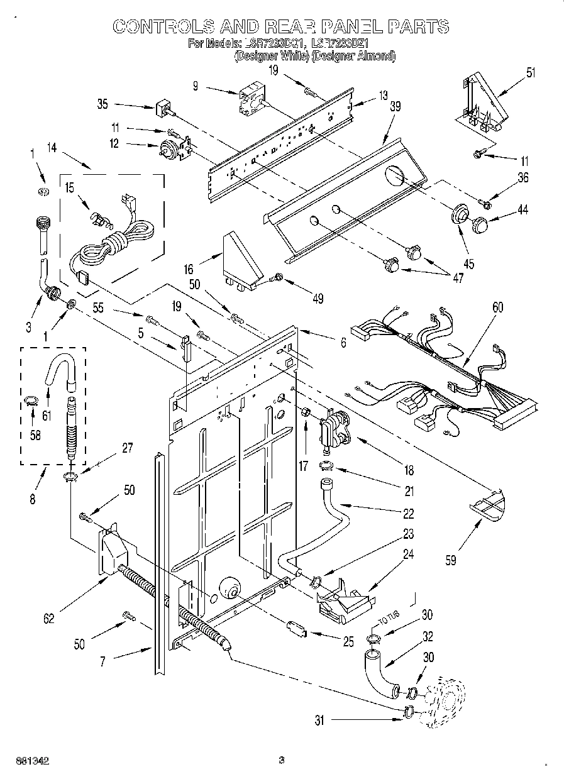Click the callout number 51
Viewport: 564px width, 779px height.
click(531, 73)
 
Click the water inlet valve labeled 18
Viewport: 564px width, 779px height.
click(336, 429)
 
